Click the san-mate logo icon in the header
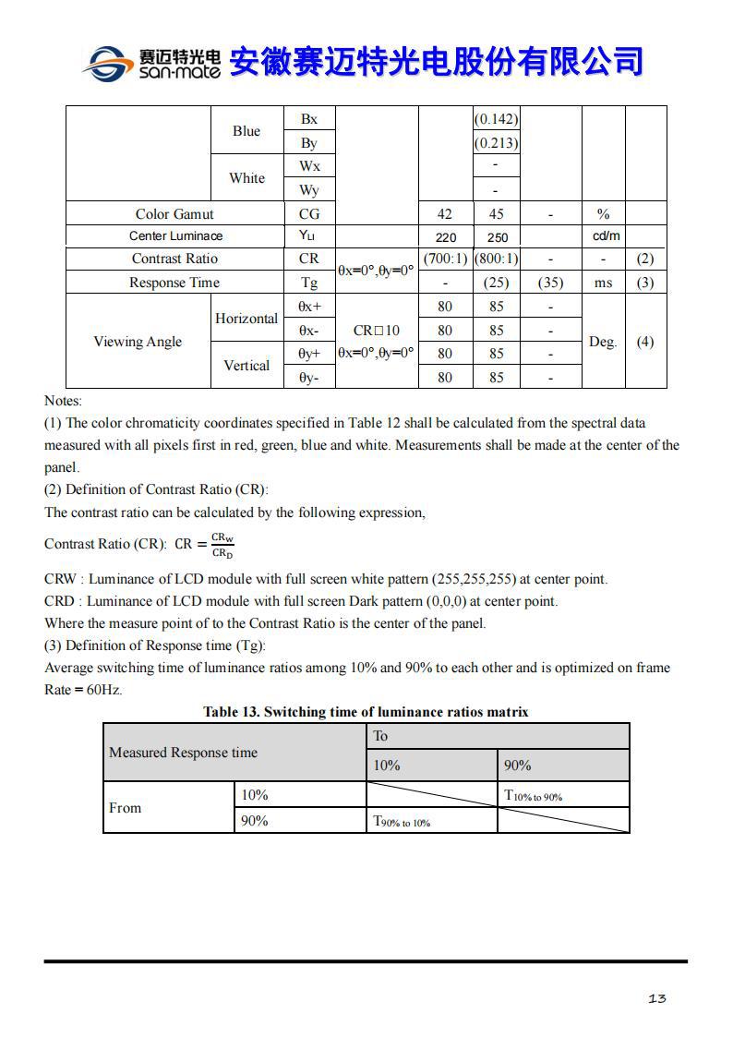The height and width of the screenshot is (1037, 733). tap(109, 63)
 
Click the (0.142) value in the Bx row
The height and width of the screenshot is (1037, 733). tap(497, 119)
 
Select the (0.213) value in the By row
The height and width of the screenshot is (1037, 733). tap(497, 143)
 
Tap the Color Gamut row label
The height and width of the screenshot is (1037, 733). tap(174, 214)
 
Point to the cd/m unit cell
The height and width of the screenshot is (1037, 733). tap(604, 236)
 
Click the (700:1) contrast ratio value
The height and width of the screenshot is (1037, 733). tap(445, 259)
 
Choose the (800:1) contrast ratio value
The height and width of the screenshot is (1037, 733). tap(497, 259)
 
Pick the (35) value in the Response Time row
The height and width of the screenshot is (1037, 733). tap(550, 283)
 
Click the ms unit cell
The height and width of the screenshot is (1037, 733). tap(604, 283)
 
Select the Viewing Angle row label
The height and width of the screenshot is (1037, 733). tap(138, 342)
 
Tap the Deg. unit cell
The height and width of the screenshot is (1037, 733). tap(604, 342)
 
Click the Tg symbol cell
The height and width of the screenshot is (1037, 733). tap(309, 283)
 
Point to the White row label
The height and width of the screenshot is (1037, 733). tap(246, 178)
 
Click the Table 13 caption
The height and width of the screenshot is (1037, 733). tap(366, 712)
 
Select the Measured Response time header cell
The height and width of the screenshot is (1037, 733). tap(183, 753)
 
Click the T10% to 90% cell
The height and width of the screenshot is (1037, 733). tap(534, 796)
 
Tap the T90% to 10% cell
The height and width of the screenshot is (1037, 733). tap(402, 821)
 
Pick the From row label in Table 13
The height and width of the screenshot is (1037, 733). tap(126, 808)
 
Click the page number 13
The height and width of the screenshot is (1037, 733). tap(657, 998)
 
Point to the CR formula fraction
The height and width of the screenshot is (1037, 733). tap(222, 545)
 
